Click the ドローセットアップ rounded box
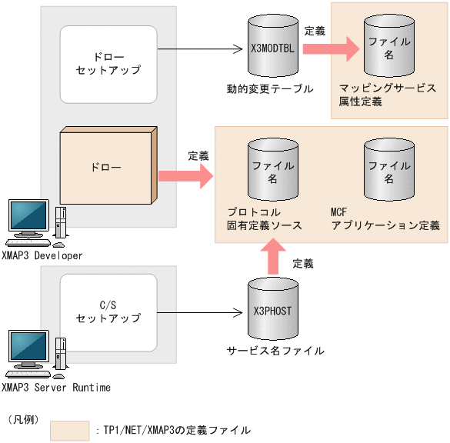[x=108, y=64]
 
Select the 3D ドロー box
[x=108, y=166]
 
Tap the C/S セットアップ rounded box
[x=108, y=312]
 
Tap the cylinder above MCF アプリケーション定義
[x=388, y=172]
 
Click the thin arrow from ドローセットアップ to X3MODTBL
[x=200, y=50]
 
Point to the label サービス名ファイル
[x=275, y=351]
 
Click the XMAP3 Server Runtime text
[x=56, y=388]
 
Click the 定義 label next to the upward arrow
[x=303, y=263]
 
